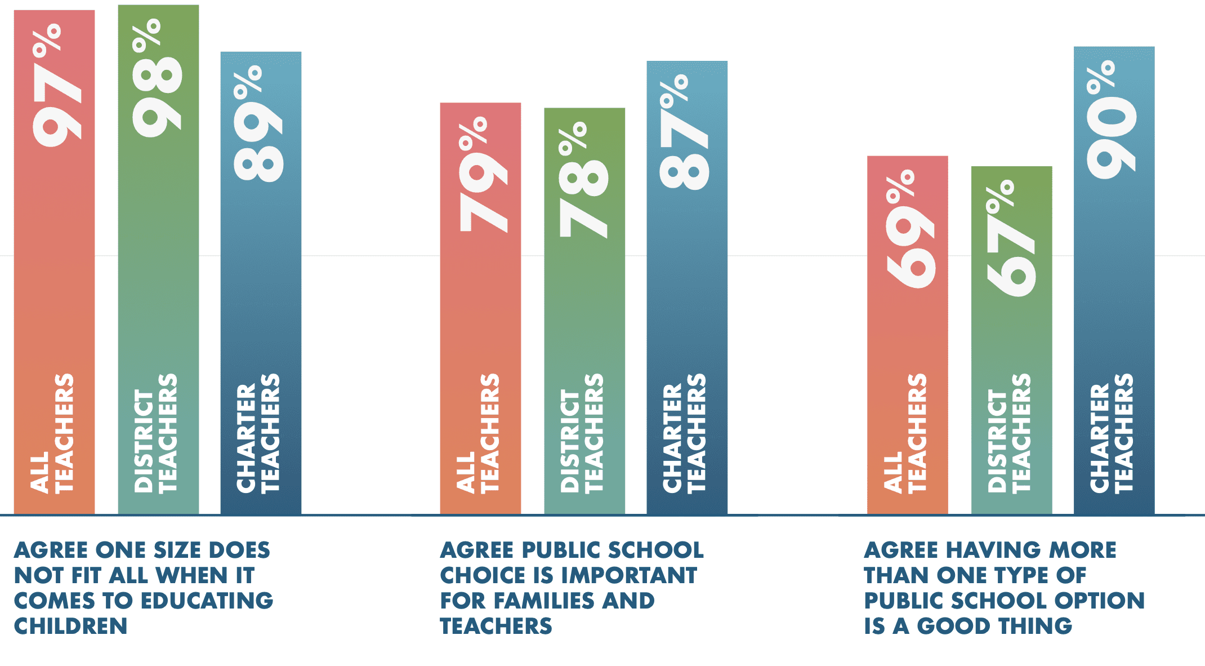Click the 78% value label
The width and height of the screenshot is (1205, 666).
point(584,180)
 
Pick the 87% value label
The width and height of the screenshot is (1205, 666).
point(685,133)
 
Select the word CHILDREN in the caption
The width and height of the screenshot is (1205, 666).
point(70,626)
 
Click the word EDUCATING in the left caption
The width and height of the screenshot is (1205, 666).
point(207,601)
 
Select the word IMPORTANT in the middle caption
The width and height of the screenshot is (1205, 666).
point(629,575)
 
